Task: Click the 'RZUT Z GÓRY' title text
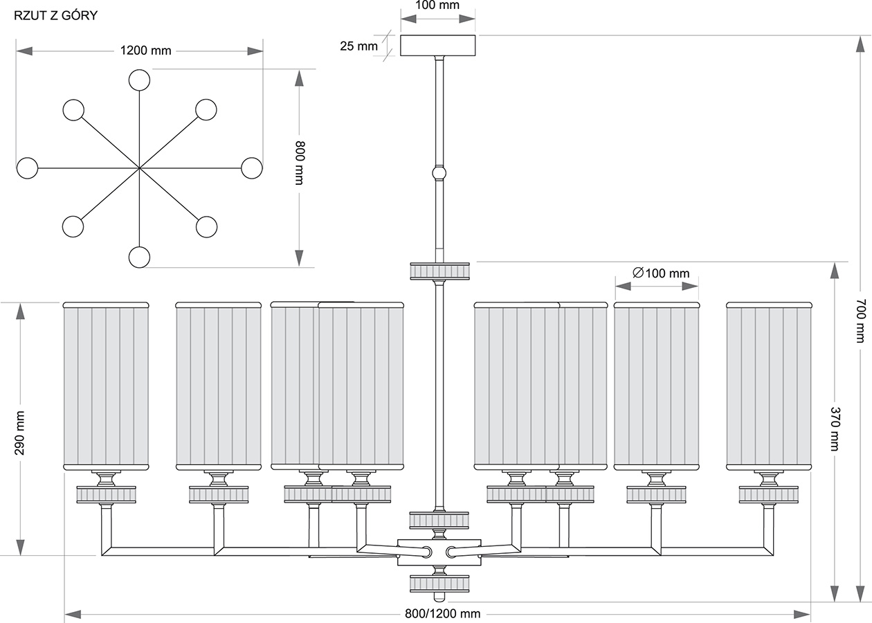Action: point(55,16)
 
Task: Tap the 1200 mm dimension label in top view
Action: point(145,51)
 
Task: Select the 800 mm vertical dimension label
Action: point(299,163)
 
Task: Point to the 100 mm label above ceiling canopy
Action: point(437,6)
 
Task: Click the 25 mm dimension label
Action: point(358,46)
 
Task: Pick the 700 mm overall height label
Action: point(860,320)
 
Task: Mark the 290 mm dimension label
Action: point(19,433)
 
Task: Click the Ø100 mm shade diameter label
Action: point(661,273)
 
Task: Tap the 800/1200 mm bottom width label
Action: point(442,614)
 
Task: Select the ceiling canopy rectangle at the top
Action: point(438,45)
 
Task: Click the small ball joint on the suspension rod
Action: point(439,172)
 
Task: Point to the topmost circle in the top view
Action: point(139,80)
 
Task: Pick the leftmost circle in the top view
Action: point(27,168)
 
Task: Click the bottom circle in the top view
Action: point(139,257)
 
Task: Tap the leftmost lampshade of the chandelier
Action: point(106,386)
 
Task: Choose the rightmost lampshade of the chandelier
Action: point(768,386)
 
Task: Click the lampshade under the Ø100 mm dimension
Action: point(656,386)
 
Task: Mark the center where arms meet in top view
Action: point(139,168)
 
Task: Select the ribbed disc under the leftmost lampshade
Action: point(106,494)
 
